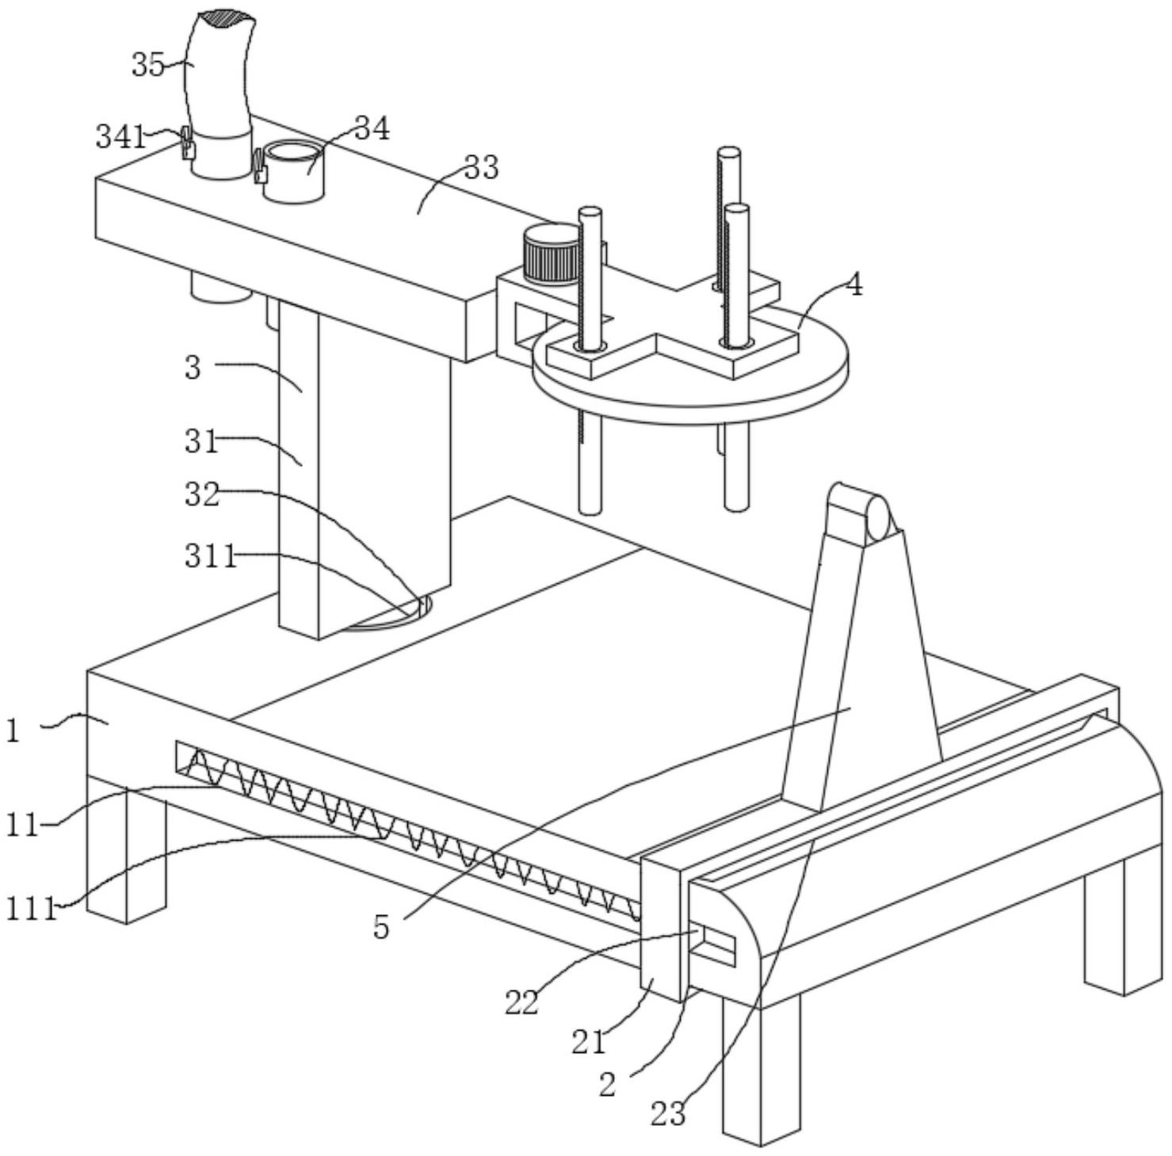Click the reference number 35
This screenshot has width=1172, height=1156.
(148, 65)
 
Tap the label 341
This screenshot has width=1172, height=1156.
(121, 137)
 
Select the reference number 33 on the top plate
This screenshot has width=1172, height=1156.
(482, 167)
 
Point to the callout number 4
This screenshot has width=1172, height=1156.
(853, 284)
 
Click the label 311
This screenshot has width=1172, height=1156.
(211, 556)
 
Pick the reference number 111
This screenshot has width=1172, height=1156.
(32, 908)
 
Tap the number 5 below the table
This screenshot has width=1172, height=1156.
(382, 927)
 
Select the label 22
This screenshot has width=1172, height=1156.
(522, 1002)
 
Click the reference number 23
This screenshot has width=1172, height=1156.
(668, 1114)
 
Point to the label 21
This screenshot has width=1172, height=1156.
(589, 1042)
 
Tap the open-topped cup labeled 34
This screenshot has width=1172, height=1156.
(293, 170)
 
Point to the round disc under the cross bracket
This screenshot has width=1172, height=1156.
(690, 372)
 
